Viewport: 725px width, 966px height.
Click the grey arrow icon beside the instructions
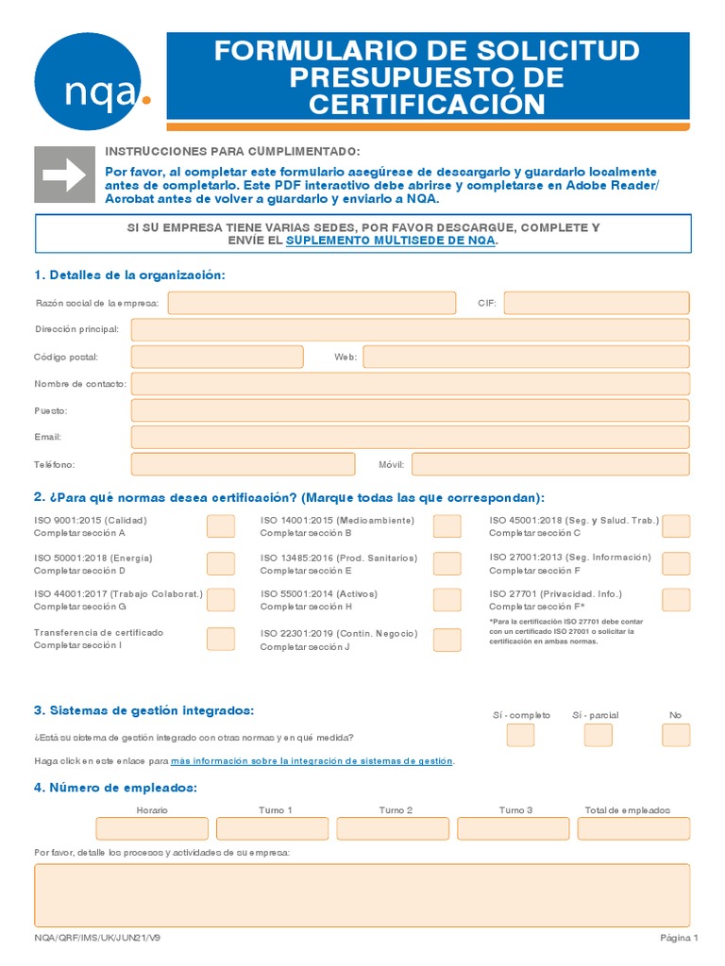coord(64,175)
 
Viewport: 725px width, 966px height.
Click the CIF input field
coord(597,303)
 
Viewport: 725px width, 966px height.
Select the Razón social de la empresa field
coord(312,303)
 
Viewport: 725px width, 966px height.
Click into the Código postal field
coord(217,357)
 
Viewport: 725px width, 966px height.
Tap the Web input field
coord(526,357)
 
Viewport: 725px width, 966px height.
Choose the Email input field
coord(410,437)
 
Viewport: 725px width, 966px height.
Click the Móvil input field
coord(550,464)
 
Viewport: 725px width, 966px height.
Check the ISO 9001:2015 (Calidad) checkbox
coord(221,526)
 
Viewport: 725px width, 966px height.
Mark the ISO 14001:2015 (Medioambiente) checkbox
coord(447,526)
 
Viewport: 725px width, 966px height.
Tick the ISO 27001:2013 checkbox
coord(676,563)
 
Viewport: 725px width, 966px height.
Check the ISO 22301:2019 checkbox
coord(447,640)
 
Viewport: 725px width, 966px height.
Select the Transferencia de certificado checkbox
coord(221,639)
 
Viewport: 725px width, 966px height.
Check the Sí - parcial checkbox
coord(598,735)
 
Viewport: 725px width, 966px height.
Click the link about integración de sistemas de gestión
coord(312,760)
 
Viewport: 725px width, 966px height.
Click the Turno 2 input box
coord(393,828)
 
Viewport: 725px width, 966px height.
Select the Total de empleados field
coord(633,828)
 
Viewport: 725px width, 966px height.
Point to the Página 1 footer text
coord(678,939)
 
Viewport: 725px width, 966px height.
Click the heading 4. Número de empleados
coord(115,788)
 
